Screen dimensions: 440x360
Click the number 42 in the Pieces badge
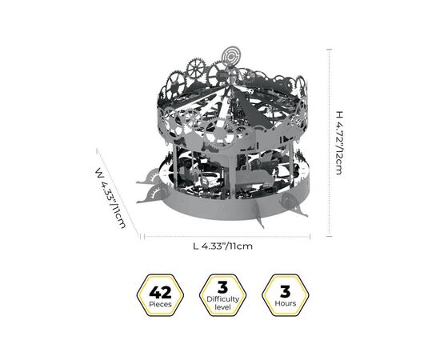pyautogui.click(x=160, y=292)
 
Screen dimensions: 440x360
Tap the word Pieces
pyautogui.click(x=160, y=304)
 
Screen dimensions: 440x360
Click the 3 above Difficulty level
pyautogui.click(x=222, y=287)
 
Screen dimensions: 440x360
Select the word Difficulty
pyautogui.click(x=223, y=299)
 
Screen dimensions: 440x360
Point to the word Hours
pyautogui.click(x=286, y=303)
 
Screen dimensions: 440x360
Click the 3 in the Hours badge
pyautogui.click(x=285, y=291)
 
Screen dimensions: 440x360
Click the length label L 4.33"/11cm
pyautogui.click(x=223, y=246)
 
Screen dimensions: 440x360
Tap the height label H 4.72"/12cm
pyautogui.click(x=339, y=143)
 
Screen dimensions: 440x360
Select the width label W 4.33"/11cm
pyautogui.click(x=110, y=198)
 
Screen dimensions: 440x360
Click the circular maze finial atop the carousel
pyautogui.click(x=230, y=57)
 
